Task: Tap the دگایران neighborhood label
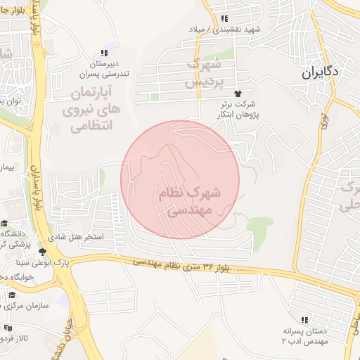321,72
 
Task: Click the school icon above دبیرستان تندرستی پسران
104,53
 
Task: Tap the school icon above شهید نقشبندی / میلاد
224,19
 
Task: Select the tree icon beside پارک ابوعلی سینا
42,251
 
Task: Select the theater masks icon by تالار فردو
8,328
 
